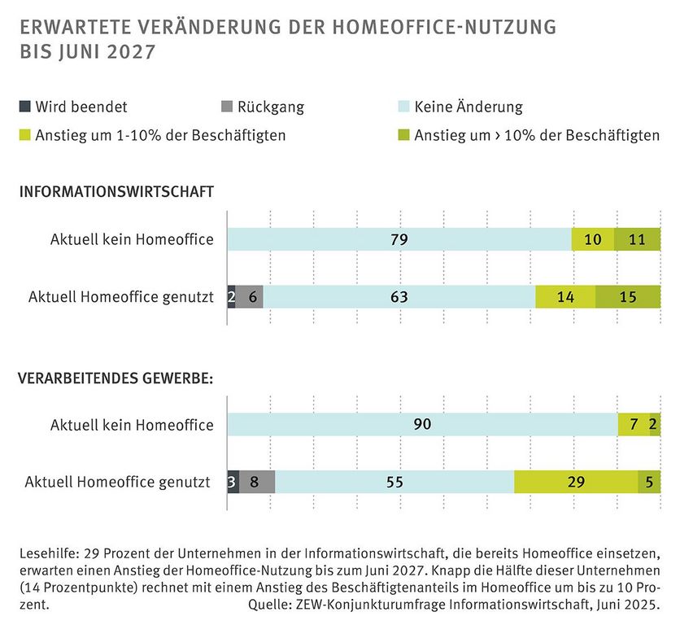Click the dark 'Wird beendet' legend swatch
24,107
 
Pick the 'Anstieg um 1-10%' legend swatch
24,135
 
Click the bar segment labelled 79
399,239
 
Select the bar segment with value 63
399,297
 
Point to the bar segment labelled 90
422,424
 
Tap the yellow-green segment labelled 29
576,482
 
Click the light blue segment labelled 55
394,482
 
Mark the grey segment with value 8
256,482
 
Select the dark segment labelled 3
233,482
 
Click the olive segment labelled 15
628,297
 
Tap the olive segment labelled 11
637,239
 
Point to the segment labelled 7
634,424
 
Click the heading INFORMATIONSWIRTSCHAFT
116,192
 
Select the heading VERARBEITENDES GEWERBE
116,378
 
